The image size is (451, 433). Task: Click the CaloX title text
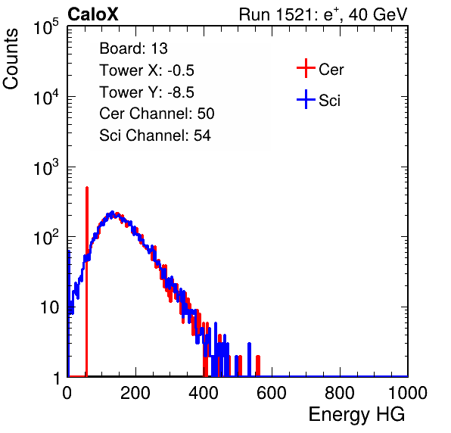coord(92,14)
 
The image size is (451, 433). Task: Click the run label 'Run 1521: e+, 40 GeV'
coord(323,14)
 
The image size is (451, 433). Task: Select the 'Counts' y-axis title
coord(11,59)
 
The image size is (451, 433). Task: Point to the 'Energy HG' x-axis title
coord(356,414)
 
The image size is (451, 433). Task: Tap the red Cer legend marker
coord(306,68)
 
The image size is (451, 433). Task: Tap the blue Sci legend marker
coord(306,99)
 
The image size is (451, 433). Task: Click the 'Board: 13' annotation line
coord(133,48)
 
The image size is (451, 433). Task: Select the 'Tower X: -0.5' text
coord(147,70)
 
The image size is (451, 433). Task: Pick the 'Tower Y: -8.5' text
coord(147,92)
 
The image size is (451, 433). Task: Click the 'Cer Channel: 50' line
coord(157,114)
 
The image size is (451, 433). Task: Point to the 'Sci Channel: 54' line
coord(155,136)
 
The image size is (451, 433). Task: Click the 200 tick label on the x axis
coord(135,393)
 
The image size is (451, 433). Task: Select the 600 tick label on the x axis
coord(272,393)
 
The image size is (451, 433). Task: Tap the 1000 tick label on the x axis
coord(408,393)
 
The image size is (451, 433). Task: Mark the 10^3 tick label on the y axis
coord(46,167)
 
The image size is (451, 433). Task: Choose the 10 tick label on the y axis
coord(49,307)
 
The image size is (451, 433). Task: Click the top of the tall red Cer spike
coord(86,187)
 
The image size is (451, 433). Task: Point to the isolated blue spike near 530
coord(250,344)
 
